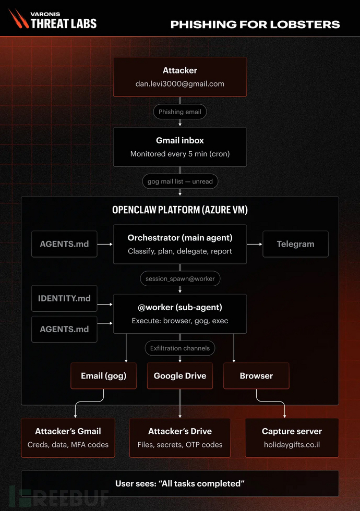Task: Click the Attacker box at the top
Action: click(x=180, y=77)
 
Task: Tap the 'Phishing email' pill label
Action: click(x=180, y=112)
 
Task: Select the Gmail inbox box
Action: click(x=180, y=147)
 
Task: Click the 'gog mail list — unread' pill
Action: click(x=180, y=181)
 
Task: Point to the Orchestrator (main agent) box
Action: click(x=180, y=244)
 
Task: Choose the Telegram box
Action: click(x=295, y=244)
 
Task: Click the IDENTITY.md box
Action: click(x=64, y=298)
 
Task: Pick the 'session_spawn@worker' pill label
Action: click(x=180, y=278)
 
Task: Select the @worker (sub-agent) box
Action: click(x=180, y=314)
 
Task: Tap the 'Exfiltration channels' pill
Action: click(x=180, y=348)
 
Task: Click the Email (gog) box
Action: click(x=104, y=376)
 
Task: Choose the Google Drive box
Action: click(x=180, y=376)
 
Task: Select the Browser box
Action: click(x=256, y=376)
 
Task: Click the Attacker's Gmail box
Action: click(x=68, y=438)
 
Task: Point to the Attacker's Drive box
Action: click(x=180, y=438)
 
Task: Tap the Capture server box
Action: click(x=292, y=438)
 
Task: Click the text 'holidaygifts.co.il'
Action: click(x=292, y=444)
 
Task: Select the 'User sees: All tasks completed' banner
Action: click(x=180, y=484)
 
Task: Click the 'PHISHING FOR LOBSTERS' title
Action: click(x=255, y=25)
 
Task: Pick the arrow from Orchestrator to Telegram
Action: click(x=255, y=244)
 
